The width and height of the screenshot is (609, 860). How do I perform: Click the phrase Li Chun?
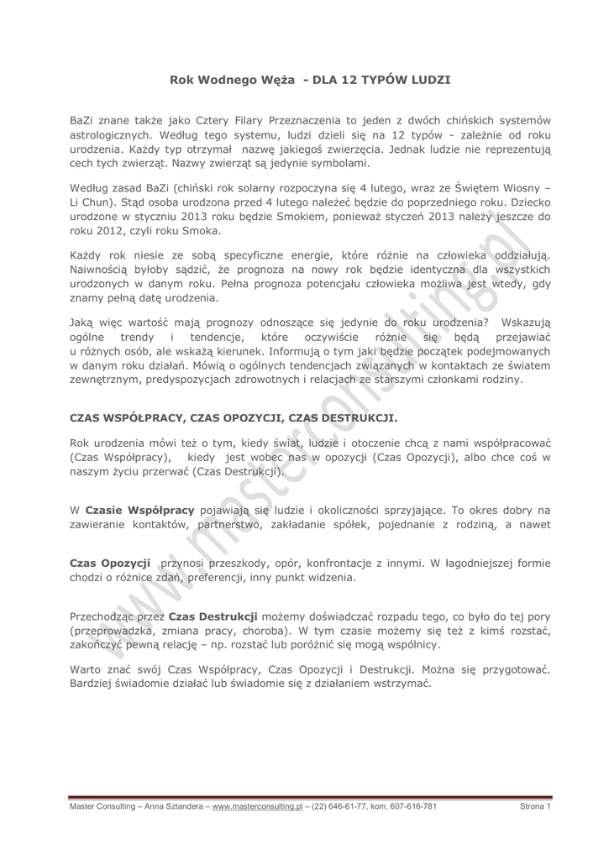pyautogui.click(x=93, y=202)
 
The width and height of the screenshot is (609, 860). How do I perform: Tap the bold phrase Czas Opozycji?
pyautogui.click(x=109, y=563)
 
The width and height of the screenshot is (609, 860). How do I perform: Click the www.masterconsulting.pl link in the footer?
pyautogui.click(x=257, y=806)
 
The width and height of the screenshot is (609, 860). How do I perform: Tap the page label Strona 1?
pyautogui.click(x=535, y=806)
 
